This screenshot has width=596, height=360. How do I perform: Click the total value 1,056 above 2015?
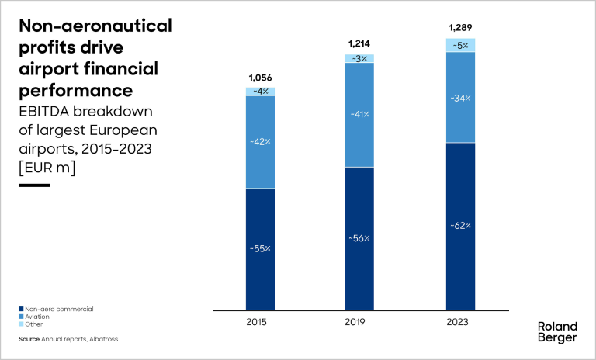(260, 78)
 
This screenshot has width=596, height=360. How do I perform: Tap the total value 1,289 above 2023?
(460, 29)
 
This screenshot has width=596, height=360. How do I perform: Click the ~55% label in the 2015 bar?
(260, 249)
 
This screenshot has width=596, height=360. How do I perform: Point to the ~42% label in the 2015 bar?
(260, 142)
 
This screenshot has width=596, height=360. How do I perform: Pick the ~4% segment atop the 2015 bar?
(260, 92)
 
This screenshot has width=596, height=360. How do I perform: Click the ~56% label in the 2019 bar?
(359, 238)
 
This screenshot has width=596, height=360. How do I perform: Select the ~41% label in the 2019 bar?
(359, 114)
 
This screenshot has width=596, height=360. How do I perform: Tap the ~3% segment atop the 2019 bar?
(359, 58)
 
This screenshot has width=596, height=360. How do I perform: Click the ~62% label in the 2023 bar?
(460, 226)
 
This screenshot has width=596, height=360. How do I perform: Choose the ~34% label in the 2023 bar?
(460, 98)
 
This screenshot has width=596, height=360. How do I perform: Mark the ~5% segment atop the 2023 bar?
(460, 45)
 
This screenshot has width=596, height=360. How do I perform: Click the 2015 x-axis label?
(260, 320)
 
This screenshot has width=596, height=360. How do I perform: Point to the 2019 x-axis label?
(359, 320)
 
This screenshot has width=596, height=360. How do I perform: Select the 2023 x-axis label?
(460, 320)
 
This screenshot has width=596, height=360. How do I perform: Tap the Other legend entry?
(34, 324)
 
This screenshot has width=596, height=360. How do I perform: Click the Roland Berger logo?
(557, 332)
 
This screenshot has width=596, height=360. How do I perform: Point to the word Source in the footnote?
(29, 339)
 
